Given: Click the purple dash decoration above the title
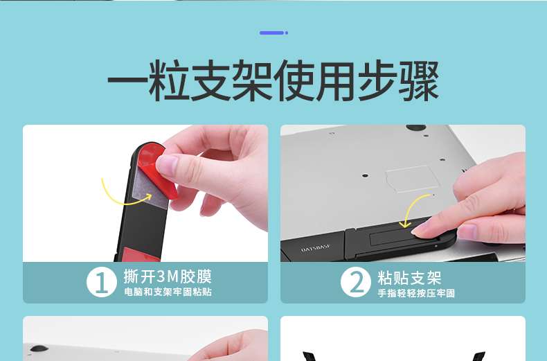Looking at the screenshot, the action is coord(273,33).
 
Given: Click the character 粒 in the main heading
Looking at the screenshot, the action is coord(170,80).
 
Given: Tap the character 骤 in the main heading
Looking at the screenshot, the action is coord(419,80).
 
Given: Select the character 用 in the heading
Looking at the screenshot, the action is coord(336,80).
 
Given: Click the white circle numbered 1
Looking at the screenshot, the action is coord(102,282).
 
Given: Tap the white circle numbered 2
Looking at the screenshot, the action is coord(355,282).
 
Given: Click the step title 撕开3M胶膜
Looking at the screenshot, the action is coord(168,276).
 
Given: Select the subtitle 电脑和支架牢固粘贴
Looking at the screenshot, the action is coord(168,292).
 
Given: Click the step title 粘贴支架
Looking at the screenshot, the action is coord(409,278).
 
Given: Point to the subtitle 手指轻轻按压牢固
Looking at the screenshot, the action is coord(416,293).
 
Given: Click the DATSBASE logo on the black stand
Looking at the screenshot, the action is coord(315,248).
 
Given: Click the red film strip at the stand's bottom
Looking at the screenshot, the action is coord(139,255).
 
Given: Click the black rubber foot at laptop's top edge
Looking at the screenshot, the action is coord(416,127).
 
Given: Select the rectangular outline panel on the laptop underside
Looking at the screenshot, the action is coord(412,178).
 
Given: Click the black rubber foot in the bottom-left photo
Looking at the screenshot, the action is coord(39,349).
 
